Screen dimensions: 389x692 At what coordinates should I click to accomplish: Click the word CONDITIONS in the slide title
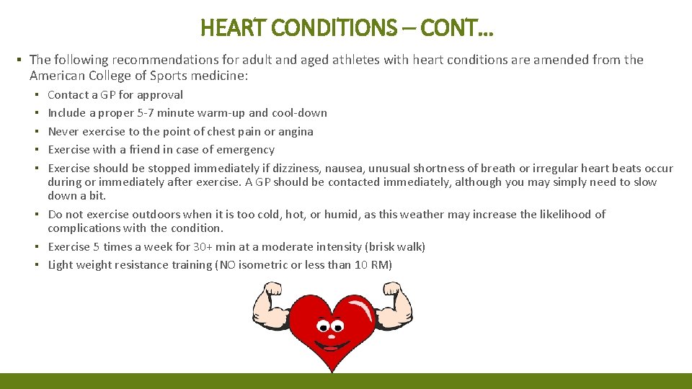click(x=334, y=28)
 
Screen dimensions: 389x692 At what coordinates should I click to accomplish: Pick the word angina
click(x=296, y=131)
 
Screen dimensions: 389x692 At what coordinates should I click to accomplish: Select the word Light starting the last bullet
click(x=61, y=264)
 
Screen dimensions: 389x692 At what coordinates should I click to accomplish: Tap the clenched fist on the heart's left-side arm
click(x=273, y=291)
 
